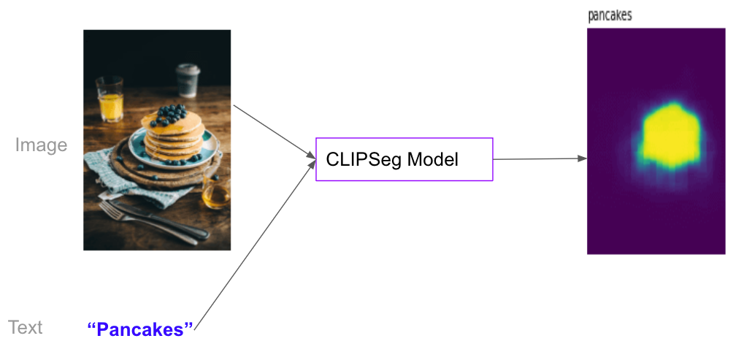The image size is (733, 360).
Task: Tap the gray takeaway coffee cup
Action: (188, 80)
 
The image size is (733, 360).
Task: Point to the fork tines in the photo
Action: (107, 210)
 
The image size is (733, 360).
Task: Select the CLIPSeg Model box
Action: (404, 159)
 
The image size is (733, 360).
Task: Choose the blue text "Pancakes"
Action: (140, 329)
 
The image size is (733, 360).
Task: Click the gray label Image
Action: (41, 145)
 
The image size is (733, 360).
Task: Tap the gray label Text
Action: (25, 327)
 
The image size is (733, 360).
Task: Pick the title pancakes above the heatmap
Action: (610, 15)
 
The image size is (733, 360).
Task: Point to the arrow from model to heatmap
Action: (540, 158)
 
